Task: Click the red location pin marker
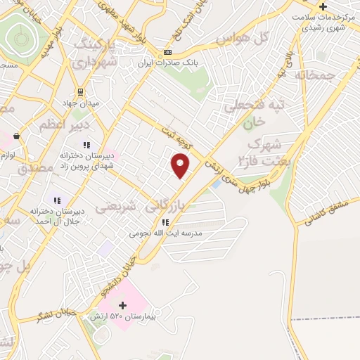181,167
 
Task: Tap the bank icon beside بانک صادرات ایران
167,53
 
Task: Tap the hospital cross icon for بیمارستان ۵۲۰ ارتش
124,306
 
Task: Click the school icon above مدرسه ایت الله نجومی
165,221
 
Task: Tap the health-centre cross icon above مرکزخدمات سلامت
342,7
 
